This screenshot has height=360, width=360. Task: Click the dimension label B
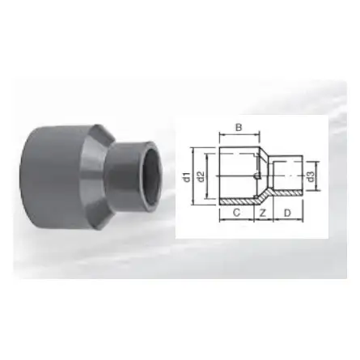click(239, 127)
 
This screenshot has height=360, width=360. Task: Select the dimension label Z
click(262, 212)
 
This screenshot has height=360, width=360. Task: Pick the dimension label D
click(287, 212)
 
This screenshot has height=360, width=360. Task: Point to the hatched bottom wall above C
click(236, 200)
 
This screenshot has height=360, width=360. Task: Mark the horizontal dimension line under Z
click(262, 220)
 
